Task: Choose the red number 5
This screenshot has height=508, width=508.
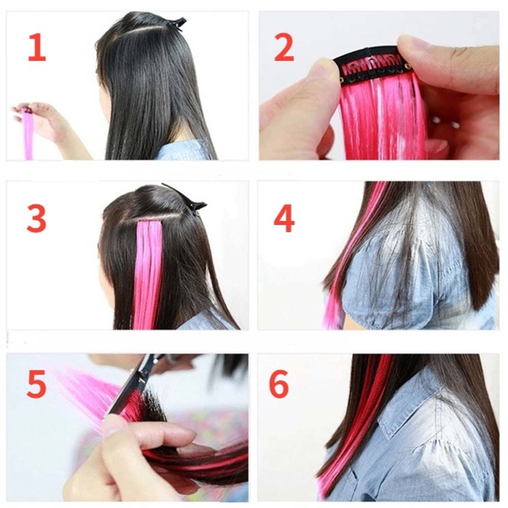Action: pyautogui.click(x=36, y=384)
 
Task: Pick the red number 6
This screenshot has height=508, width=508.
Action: pyautogui.click(x=279, y=384)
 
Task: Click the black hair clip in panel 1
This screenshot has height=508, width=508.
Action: pyautogui.click(x=176, y=23)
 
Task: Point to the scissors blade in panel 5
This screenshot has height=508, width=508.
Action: pyautogui.click(x=130, y=389)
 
